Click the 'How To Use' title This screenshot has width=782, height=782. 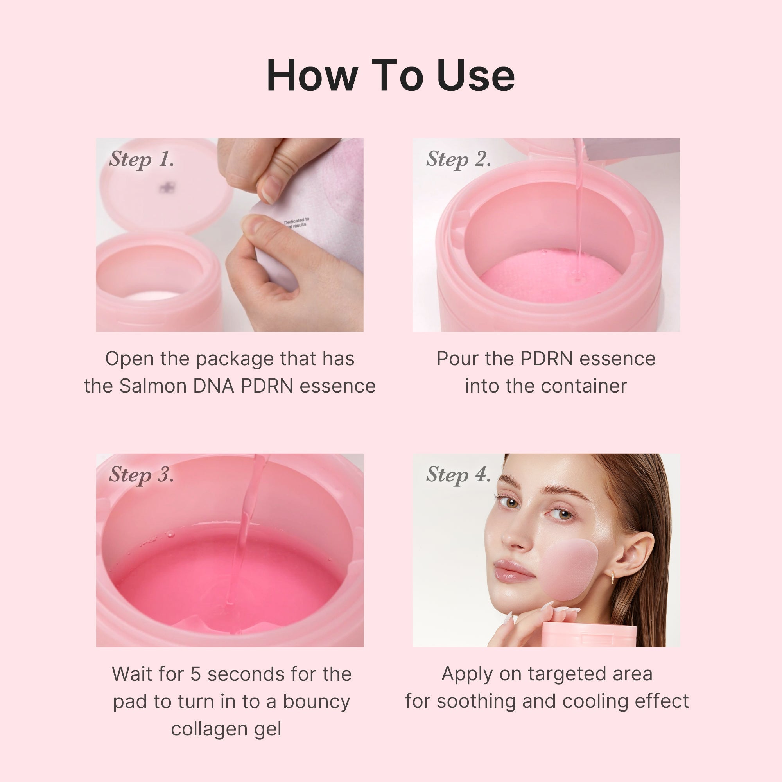[391, 76]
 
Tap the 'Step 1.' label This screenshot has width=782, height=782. [141, 159]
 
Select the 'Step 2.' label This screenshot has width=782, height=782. [458, 159]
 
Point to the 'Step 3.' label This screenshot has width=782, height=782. [141, 475]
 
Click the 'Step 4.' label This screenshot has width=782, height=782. [458, 475]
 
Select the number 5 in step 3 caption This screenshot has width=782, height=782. [195, 674]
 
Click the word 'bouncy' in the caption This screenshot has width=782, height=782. [316, 701]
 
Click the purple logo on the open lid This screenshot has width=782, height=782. [165, 187]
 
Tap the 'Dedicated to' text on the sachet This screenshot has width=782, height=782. [296, 221]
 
